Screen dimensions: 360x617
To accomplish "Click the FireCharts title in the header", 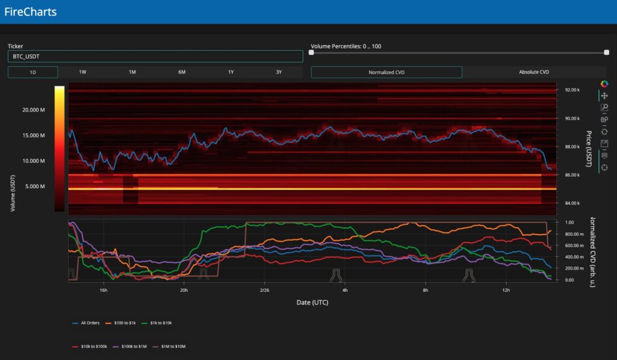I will [30, 11].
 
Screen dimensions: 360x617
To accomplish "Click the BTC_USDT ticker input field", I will [155, 56].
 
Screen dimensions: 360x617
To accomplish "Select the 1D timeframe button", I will [33, 72].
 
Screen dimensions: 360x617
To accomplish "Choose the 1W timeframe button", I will [83, 72].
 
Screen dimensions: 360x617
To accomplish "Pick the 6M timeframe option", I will [181, 72].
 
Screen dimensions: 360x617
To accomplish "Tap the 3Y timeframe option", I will [279, 72].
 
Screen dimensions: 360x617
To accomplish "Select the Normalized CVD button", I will [386, 72].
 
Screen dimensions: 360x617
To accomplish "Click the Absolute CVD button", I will [534, 72].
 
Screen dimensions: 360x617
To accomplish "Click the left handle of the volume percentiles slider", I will [312, 52].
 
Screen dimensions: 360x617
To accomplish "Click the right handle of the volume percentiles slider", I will [606, 52].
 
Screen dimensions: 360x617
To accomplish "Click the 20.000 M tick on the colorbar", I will [34, 110].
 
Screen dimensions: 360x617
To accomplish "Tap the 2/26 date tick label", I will [264, 290].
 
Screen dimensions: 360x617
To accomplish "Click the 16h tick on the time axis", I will [103, 290].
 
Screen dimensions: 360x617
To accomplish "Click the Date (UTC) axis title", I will [312, 302].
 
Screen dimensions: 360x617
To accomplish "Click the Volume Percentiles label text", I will [346, 46].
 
